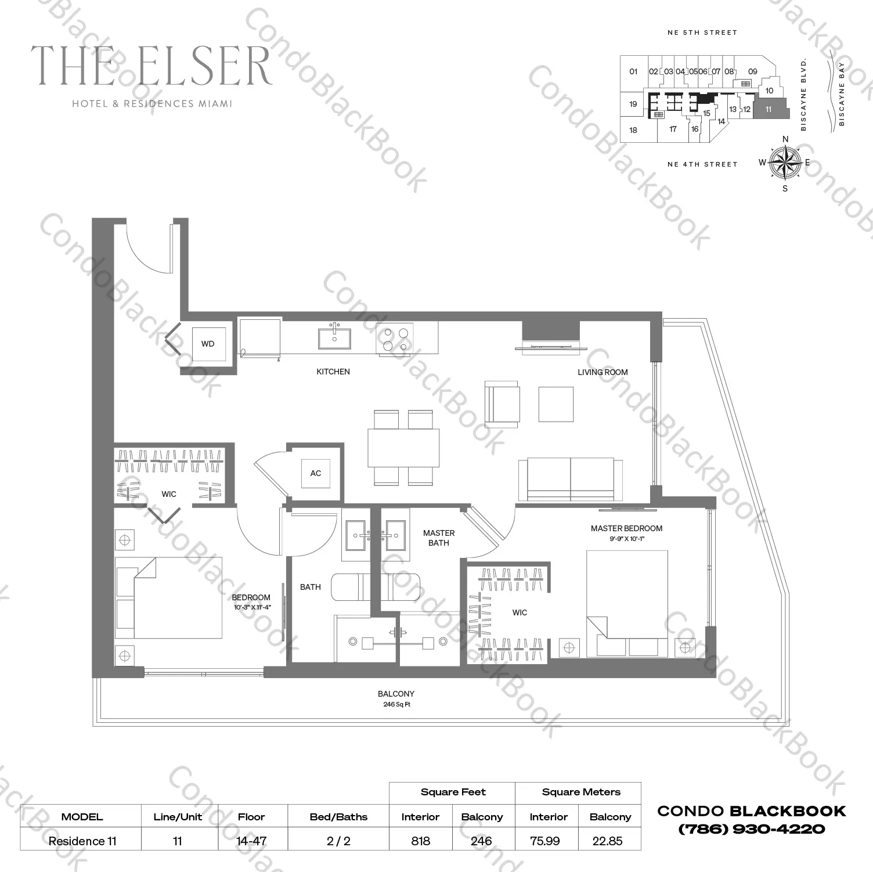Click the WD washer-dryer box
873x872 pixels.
(x=208, y=344)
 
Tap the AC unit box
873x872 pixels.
(x=315, y=473)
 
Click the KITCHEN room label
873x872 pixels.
(x=333, y=372)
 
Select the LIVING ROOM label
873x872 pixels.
(x=603, y=372)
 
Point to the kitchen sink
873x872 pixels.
(x=334, y=338)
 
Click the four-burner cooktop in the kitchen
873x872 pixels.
(x=395, y=339)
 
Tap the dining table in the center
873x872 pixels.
(x=403, y=448)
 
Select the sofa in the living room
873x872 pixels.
(x=570, y=478)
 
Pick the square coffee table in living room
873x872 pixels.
(x=555, y=404)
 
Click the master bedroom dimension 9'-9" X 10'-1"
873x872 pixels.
(x=626, y=539)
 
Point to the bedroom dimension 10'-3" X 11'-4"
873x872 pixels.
(x=251, y=607)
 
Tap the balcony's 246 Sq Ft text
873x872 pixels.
(x=396, y=705)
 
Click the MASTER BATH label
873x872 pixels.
(x=439, y=538)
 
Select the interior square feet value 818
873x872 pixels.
(x=420, y=841)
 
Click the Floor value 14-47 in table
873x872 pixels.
(x=251, y=841)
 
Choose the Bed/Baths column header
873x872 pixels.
(x=338, y=817)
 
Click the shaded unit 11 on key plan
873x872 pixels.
(x=770, y=109)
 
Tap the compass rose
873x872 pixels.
(x=785, y=162)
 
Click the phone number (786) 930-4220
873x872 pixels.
(x=751, y=829)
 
